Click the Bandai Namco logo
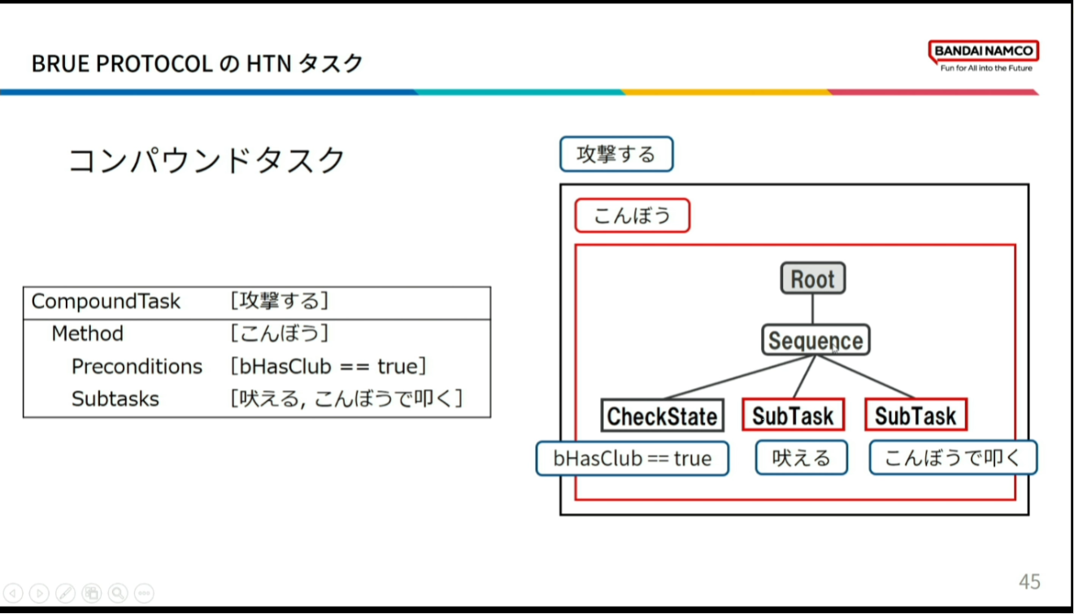pyautogui.click(x=984, y=55)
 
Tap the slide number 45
pyautogui.click(x=1029, y=581)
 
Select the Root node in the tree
pyautogui.click(x=813, y=279)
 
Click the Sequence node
pyautogui.click(x=815, y=341)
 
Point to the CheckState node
pyautogui.click(x=662, y=416)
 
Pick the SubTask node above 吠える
pyautogui.click(x=793, y=416)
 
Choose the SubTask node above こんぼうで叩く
pyautogui.click(x=915, y=416)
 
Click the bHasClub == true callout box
pyautogui.click(x=632, y=459)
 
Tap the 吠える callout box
pyautogui.click(x=801, y=459)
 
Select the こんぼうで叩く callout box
pyautogui.click(x=952, y=459)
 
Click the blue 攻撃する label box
pyautogui.click(x=615, y=155)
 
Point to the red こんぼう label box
pyautogui.click(x=632, y=216)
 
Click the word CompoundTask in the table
pyautogui.click(x=106, y=302)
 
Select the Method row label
pyautogui.click(x=87, y=334)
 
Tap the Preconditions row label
pyautogui.click(x=137, y=367)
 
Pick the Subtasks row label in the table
pyautogui.click(x=115, y=399)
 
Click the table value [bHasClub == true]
pyautogui.click(x=328, y=367)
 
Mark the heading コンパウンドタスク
pyautogui.click(x=207, y=161)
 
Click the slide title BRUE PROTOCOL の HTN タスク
pyautogui.click(x=197, y=63)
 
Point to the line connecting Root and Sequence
pyautogui.click(x=813, y=310)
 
